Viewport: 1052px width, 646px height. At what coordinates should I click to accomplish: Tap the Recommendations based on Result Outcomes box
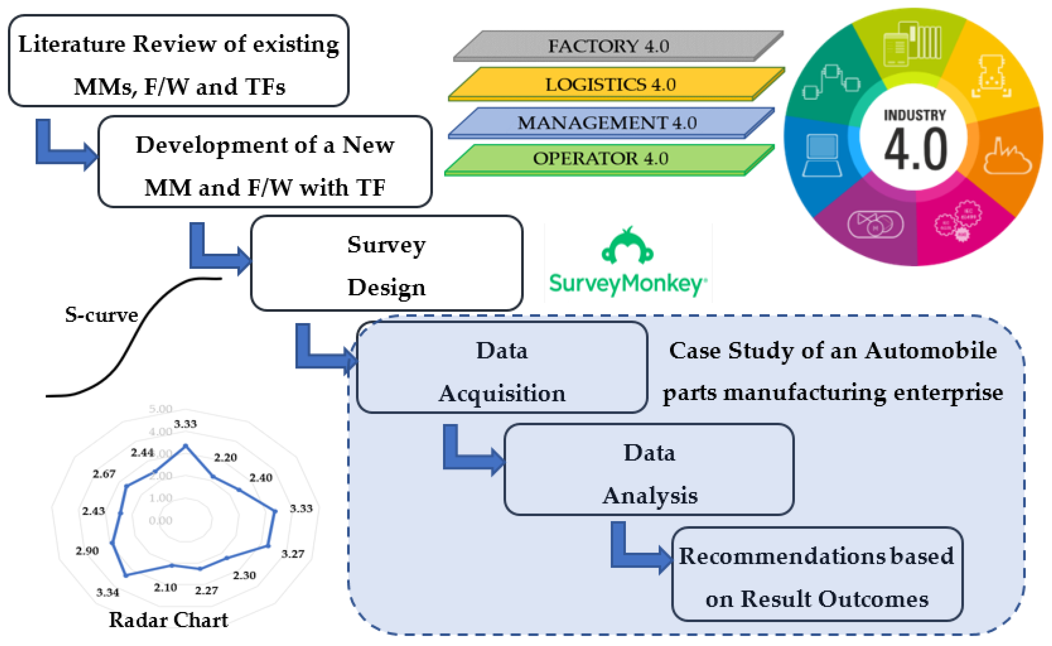point(816,575)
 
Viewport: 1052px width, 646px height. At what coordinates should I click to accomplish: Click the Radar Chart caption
point(168,620)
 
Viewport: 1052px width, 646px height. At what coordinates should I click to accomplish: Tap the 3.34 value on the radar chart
point(108,593)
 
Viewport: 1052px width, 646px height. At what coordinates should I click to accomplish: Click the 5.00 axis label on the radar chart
point(160,409)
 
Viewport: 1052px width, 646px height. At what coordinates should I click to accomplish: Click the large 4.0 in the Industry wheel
point(915,150)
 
